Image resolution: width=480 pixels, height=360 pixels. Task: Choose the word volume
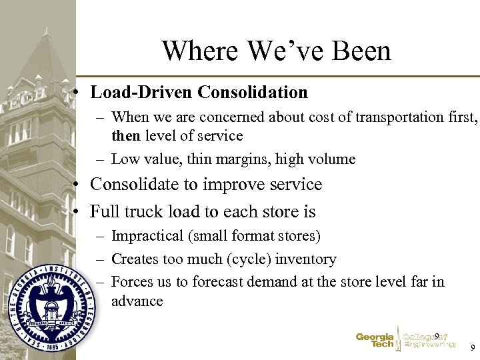pyautogui.click(x=333, y=159)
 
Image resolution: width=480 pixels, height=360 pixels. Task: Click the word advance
pyautogui.click(x=137, y=301)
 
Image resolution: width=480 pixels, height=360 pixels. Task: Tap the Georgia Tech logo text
pyautogui.click(x=375, y=341)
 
